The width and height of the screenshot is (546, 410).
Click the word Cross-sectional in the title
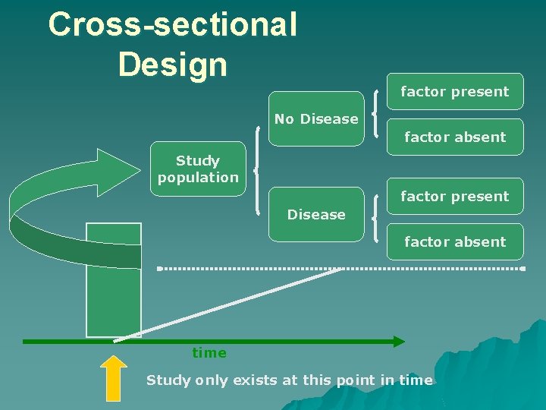[172, 24]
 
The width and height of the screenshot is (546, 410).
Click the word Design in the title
[172, 64]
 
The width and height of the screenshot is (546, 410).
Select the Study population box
[198, 169]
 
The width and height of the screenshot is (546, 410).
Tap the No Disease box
[316, 118]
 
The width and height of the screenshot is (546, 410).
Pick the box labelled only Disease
[316, 214]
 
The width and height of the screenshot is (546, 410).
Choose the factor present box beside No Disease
[455, 92]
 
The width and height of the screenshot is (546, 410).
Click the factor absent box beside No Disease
[455, 137]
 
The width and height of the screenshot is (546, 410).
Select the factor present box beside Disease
[455, 196]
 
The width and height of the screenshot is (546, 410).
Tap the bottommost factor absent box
[455, 241]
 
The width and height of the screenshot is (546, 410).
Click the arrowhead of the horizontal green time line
[397, 342]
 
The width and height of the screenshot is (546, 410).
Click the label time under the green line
[209, 353]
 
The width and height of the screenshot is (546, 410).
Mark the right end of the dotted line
[522, 268]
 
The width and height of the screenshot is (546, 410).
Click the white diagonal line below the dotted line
[227, 303]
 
